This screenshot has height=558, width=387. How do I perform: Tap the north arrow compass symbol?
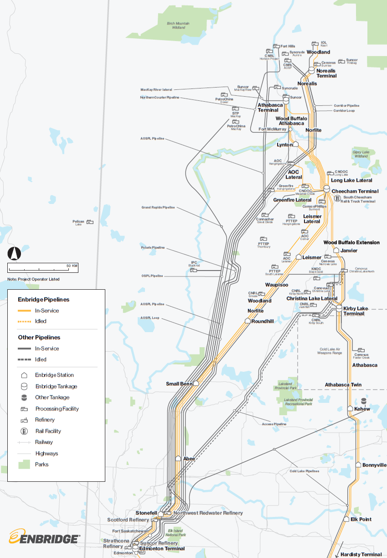coord(15,253)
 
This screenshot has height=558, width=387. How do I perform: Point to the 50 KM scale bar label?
coord(72,266)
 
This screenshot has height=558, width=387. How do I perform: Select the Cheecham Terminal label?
coord(355,192)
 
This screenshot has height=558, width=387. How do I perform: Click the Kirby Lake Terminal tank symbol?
coord(339,308)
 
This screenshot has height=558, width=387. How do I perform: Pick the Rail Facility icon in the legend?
coord(24,431)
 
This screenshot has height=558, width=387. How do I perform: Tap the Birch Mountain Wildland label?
coord(179,26)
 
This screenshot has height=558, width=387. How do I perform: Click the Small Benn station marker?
coord(196,384)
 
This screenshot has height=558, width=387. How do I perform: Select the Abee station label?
coord(189,459)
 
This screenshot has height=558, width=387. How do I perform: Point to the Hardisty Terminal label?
coord(361,554)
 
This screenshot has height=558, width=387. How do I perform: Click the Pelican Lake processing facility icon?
coord(90,222)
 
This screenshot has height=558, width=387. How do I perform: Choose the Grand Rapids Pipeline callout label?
coord(158,208)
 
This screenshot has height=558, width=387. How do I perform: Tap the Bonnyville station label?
coord(374,465)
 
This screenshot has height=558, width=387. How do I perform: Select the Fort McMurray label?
coord(272,129)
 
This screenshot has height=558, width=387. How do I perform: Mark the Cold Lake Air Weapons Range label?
coord(330,351)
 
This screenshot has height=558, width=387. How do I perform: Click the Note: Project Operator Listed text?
coord(33,279)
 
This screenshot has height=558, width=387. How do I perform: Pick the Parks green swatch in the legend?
coord(24,464)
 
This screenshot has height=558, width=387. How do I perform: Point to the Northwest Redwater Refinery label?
coord(208,513)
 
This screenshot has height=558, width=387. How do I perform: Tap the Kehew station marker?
coord(350,409)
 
